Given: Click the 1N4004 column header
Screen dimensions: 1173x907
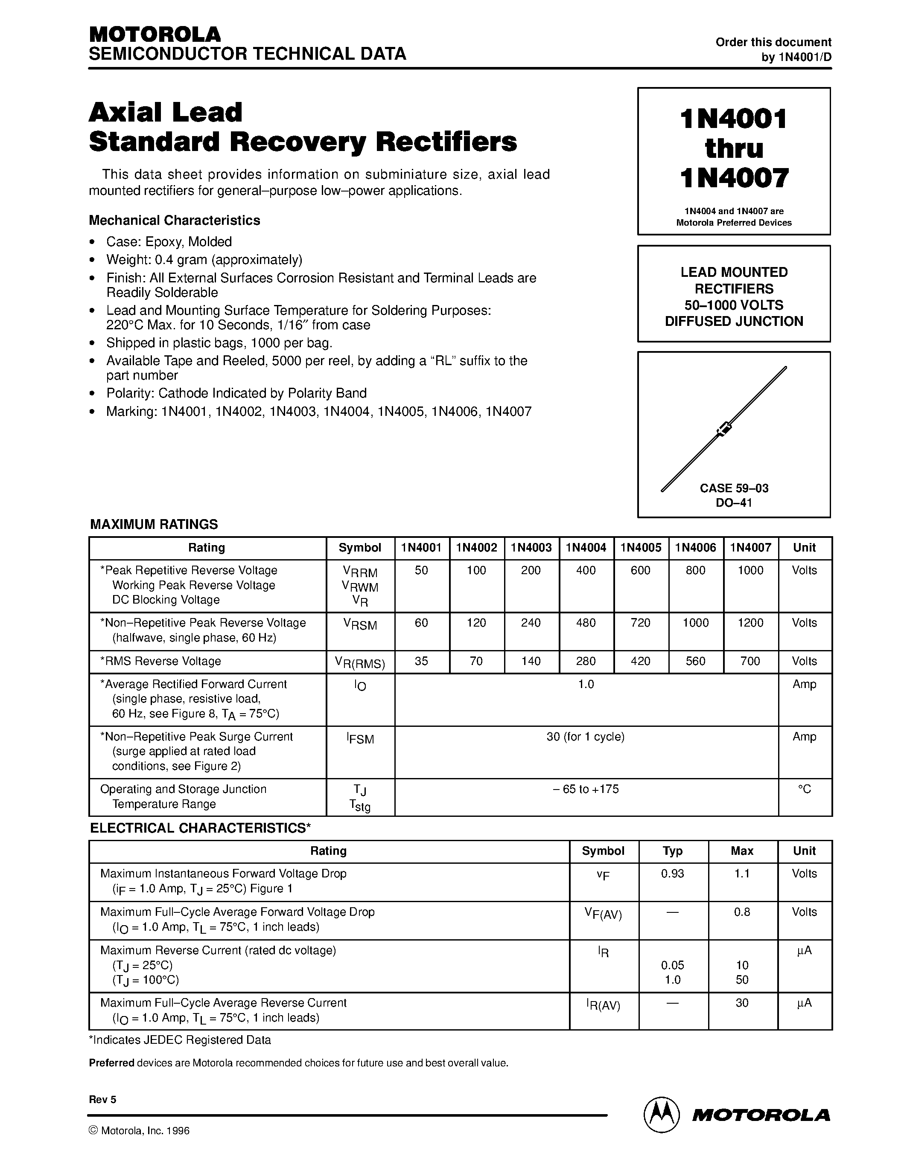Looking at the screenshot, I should point(586,548).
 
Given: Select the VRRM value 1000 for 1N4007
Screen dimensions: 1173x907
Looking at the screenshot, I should point(750,570).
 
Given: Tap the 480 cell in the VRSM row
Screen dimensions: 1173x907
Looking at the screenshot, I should point(586,623).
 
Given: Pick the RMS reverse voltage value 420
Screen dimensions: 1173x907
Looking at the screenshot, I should point(641,661).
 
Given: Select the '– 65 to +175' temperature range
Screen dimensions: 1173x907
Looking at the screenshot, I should point(586,789).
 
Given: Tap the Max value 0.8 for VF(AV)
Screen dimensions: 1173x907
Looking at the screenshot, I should point(742,912).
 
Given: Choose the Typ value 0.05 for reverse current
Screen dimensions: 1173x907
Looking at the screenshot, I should point(673,965).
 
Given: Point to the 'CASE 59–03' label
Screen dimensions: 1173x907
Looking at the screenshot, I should point(734,488).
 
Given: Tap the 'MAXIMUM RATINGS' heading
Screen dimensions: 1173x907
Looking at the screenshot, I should point(154,524).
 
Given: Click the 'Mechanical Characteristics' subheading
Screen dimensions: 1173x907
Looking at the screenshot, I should point(174,220).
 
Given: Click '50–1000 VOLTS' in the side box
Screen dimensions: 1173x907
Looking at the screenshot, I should point(734,305).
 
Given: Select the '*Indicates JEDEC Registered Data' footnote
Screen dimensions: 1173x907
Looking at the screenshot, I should point(180,1040).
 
